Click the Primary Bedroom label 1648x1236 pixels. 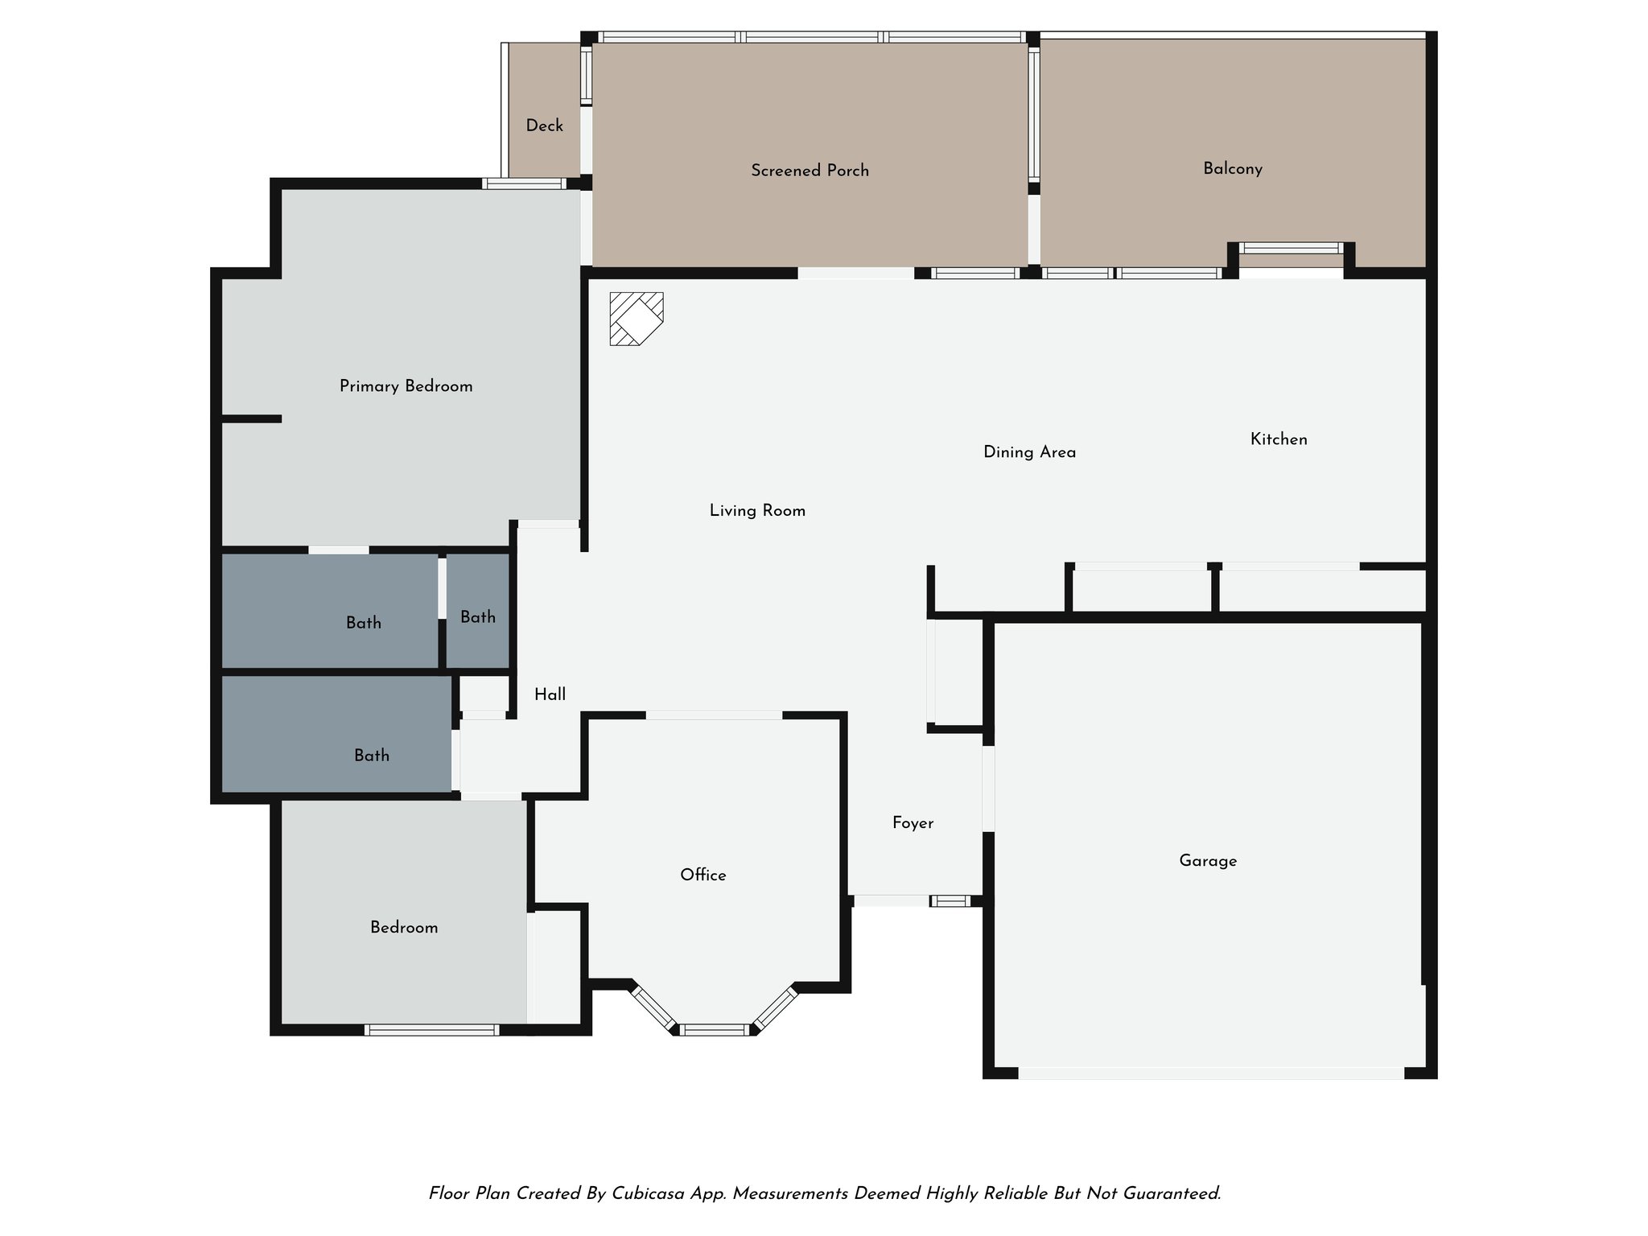click(406, 387)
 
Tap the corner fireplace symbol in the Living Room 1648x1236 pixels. click(636, 319)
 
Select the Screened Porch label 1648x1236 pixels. click(810, 171)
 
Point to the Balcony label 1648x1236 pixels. click(1232, 169)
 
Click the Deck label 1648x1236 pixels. click(544, 126)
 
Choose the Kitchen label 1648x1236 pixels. click(1278, 439)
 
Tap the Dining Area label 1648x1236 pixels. click(1029, 452)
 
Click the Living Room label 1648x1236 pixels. click(757, 511)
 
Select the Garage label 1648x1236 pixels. click(1207, 861)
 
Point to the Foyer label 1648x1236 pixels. click(913, 823)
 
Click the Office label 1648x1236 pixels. click(702, 875)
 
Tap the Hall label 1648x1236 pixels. click(550, 695)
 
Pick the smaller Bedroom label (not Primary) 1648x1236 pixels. click(404, 928)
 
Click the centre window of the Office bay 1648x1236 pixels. click(714, 1029)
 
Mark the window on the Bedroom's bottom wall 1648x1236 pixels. click(431, 1029)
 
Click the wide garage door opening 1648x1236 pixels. click(1211, 1073)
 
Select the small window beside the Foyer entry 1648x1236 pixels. click(950, 901)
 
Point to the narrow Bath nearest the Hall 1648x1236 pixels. click(478, 617)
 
